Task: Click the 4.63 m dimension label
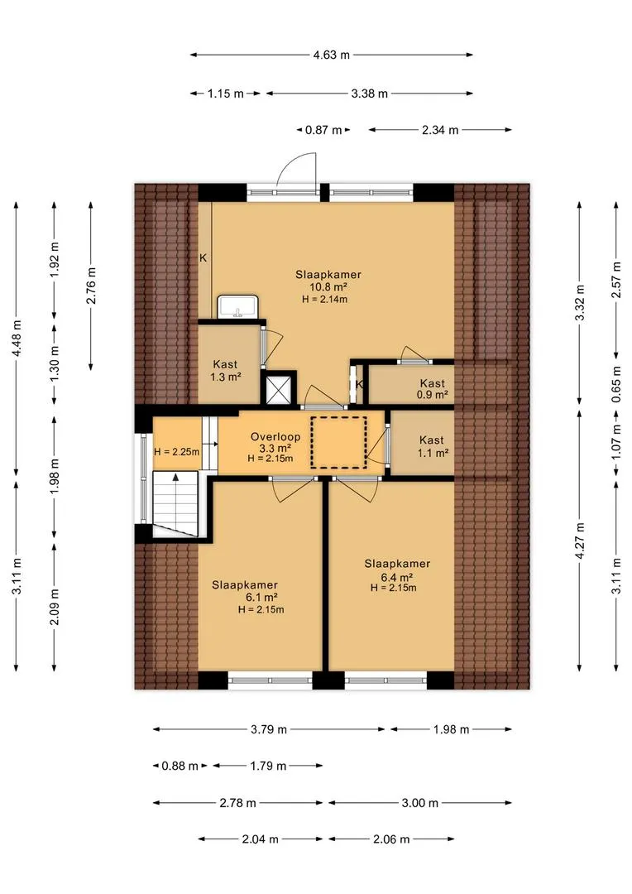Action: click(x=331, y=55)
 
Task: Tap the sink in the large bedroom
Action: click(x=239, y=307)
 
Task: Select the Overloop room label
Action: click(x=275, y=437)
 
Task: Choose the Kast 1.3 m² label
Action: click(x=225, y=371)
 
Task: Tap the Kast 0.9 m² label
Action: click(x=432, y=389)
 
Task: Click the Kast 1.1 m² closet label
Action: click(x=432, y=446)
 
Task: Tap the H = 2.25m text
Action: click(x=177, y=452)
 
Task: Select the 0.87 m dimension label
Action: click(x=323, y=130)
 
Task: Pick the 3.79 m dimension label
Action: click(x=268, y=729)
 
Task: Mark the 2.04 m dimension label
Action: click(x=260, y=839)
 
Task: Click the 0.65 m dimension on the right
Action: click(x=616, y=384)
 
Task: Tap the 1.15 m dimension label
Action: click(x=225, y=94)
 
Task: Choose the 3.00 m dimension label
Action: click(x=420, y=803)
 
